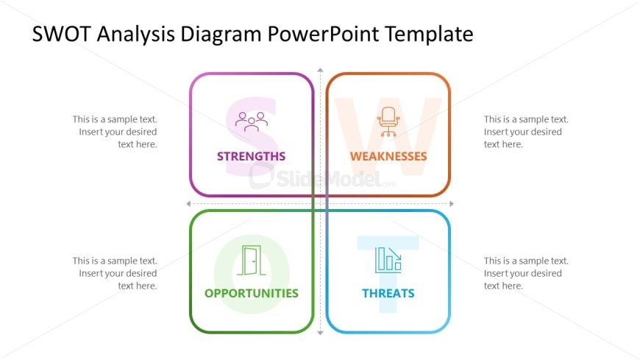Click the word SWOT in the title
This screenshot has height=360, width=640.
tap(61, 34)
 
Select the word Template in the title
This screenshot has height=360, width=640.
tap(430, 35)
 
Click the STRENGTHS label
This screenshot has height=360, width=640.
tap(251, 156)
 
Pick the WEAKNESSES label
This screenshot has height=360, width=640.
tap(388, 156)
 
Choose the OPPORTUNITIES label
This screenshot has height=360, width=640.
tap(252, 294)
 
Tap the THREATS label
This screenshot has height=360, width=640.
tap(388, 294)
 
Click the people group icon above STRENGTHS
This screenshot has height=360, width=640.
tap(252, 121)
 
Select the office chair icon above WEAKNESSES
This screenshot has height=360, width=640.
tap(388, 121)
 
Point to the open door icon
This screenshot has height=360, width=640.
tap(252, 261)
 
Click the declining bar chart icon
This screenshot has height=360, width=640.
tap(388, 261)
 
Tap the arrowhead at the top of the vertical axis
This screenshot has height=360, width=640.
tap(321, 70)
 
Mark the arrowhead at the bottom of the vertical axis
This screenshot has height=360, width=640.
tap(321, 333)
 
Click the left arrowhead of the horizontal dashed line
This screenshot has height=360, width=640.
tap(188, 203)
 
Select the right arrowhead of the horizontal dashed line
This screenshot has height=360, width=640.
tap(452, 203)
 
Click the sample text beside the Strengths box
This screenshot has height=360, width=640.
tap(115, 132)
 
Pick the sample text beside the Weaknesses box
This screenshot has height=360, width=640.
tap(526, 132)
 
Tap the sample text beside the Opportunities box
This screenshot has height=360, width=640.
tap(115, 273)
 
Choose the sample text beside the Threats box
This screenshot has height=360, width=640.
tap(526, 273)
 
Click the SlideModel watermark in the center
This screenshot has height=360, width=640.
tap(322, 177)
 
